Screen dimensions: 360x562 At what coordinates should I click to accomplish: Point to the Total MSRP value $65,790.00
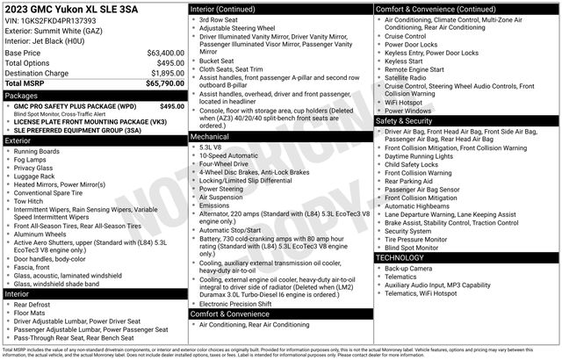[159, 83]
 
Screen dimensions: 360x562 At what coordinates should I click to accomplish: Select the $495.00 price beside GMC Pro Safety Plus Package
[171, 105]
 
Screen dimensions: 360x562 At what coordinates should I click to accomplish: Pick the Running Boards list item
[40, 151]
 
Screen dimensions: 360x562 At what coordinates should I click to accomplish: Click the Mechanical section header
[210, 137]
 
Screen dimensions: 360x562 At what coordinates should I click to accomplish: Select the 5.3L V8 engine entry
[211, 147]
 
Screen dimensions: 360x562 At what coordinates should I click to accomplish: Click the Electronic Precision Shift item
[241, 304]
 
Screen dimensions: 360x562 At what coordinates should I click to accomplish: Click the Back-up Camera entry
[407, 268]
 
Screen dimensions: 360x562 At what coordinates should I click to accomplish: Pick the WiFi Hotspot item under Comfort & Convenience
[406, 102]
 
